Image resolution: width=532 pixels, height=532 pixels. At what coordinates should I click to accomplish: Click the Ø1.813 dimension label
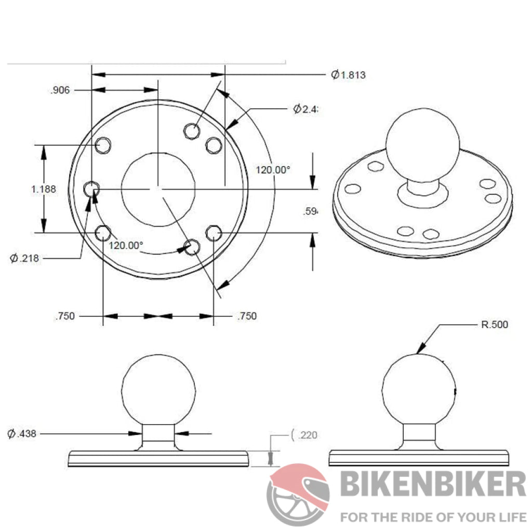pyautogui.click(x=349, y=75)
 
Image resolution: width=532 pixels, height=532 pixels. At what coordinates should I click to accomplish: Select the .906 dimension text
pyautogui.click(x=60, y=90)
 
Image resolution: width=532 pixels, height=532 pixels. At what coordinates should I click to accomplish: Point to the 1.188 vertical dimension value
pyautogui.click(x=44, y=189)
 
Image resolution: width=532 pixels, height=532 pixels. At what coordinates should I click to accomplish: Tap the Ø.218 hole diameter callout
pyautogui.click(x=24, y=258)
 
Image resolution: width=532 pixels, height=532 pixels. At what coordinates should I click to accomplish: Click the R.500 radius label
pyautogui.click(x=493, y=325)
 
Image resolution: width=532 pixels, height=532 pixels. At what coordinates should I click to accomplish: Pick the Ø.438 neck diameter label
pyautogui.click(x=22, y=433)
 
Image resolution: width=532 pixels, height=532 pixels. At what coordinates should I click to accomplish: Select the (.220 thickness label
pyautogui.click(x=304, y=435)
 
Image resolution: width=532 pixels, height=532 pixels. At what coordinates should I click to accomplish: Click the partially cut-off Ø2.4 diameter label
pyautogui.click(x=305, y=109)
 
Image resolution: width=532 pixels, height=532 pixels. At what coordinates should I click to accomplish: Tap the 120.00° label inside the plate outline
pyautogui.click(x=126, y=245)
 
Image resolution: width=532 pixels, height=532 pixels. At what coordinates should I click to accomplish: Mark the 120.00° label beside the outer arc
pyautogui.click(x=273, y=169)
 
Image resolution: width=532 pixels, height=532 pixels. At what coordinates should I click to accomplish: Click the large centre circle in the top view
pyautogui.click(x=158, y=189)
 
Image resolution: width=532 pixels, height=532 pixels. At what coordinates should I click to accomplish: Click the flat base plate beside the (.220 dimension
pyautogui.click(x=158, y=458)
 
